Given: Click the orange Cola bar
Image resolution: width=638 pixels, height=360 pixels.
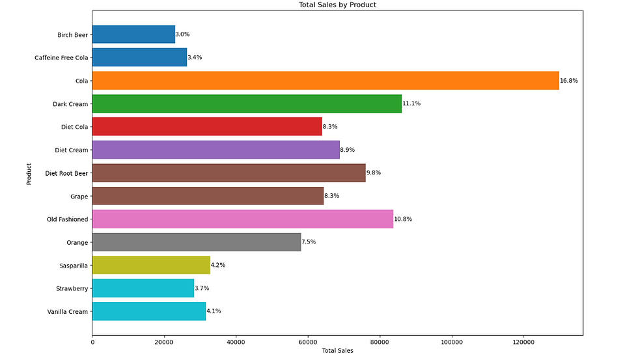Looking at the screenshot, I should tap(326, 81).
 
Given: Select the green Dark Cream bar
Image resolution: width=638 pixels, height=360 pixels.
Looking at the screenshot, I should tap(247, 104).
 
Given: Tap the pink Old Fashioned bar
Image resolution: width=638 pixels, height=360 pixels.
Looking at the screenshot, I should tap(242, 219).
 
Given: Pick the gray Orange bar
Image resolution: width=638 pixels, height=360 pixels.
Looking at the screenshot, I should tap(197, 242).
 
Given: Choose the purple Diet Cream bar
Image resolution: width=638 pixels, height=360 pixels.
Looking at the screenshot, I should tap(215, 150).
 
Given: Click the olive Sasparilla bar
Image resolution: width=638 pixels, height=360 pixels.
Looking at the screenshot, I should tap(151, 265).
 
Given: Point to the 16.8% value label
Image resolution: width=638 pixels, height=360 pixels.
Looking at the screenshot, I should tap(569, 81).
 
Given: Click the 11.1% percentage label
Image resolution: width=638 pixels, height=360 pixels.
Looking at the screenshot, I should tap(411, 104).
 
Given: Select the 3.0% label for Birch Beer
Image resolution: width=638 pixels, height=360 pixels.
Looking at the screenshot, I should tap(183, 35).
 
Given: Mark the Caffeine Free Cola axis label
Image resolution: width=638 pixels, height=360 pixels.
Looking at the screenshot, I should tap(61, 58).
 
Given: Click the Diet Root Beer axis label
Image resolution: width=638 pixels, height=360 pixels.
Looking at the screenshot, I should tap(66, 173).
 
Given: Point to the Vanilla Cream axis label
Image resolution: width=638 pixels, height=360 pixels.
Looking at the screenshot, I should tap(67, 312).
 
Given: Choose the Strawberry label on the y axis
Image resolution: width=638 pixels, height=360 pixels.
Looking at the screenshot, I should tap(72, 288).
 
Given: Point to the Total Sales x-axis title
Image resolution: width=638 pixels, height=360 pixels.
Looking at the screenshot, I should tap(337, 352).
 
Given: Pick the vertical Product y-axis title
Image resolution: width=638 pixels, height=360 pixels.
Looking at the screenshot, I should tap(29, 173).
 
